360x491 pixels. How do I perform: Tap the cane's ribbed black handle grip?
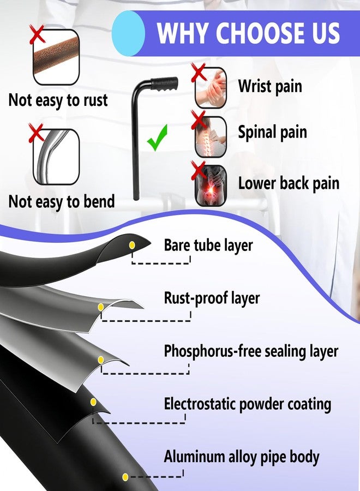coord(165,84)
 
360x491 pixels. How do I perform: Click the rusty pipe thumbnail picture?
coord(56,57)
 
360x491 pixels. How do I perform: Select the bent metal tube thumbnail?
coord(56,157)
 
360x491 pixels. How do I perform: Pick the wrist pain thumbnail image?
coord(211,88)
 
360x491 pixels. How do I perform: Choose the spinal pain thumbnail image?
coord(211,137)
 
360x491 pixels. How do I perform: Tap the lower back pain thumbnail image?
coord(211,185)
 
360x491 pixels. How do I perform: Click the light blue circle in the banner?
coord(128,33)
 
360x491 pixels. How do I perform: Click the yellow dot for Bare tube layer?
coord(132,245)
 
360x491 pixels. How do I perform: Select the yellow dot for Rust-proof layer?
coord(101,307)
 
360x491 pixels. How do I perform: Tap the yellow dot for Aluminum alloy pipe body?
coord(125,477)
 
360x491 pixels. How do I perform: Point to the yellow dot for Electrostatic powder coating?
coord(93,402)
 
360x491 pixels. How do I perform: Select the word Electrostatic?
coord(200,404)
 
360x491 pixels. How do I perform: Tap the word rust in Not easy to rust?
coord(95,100)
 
